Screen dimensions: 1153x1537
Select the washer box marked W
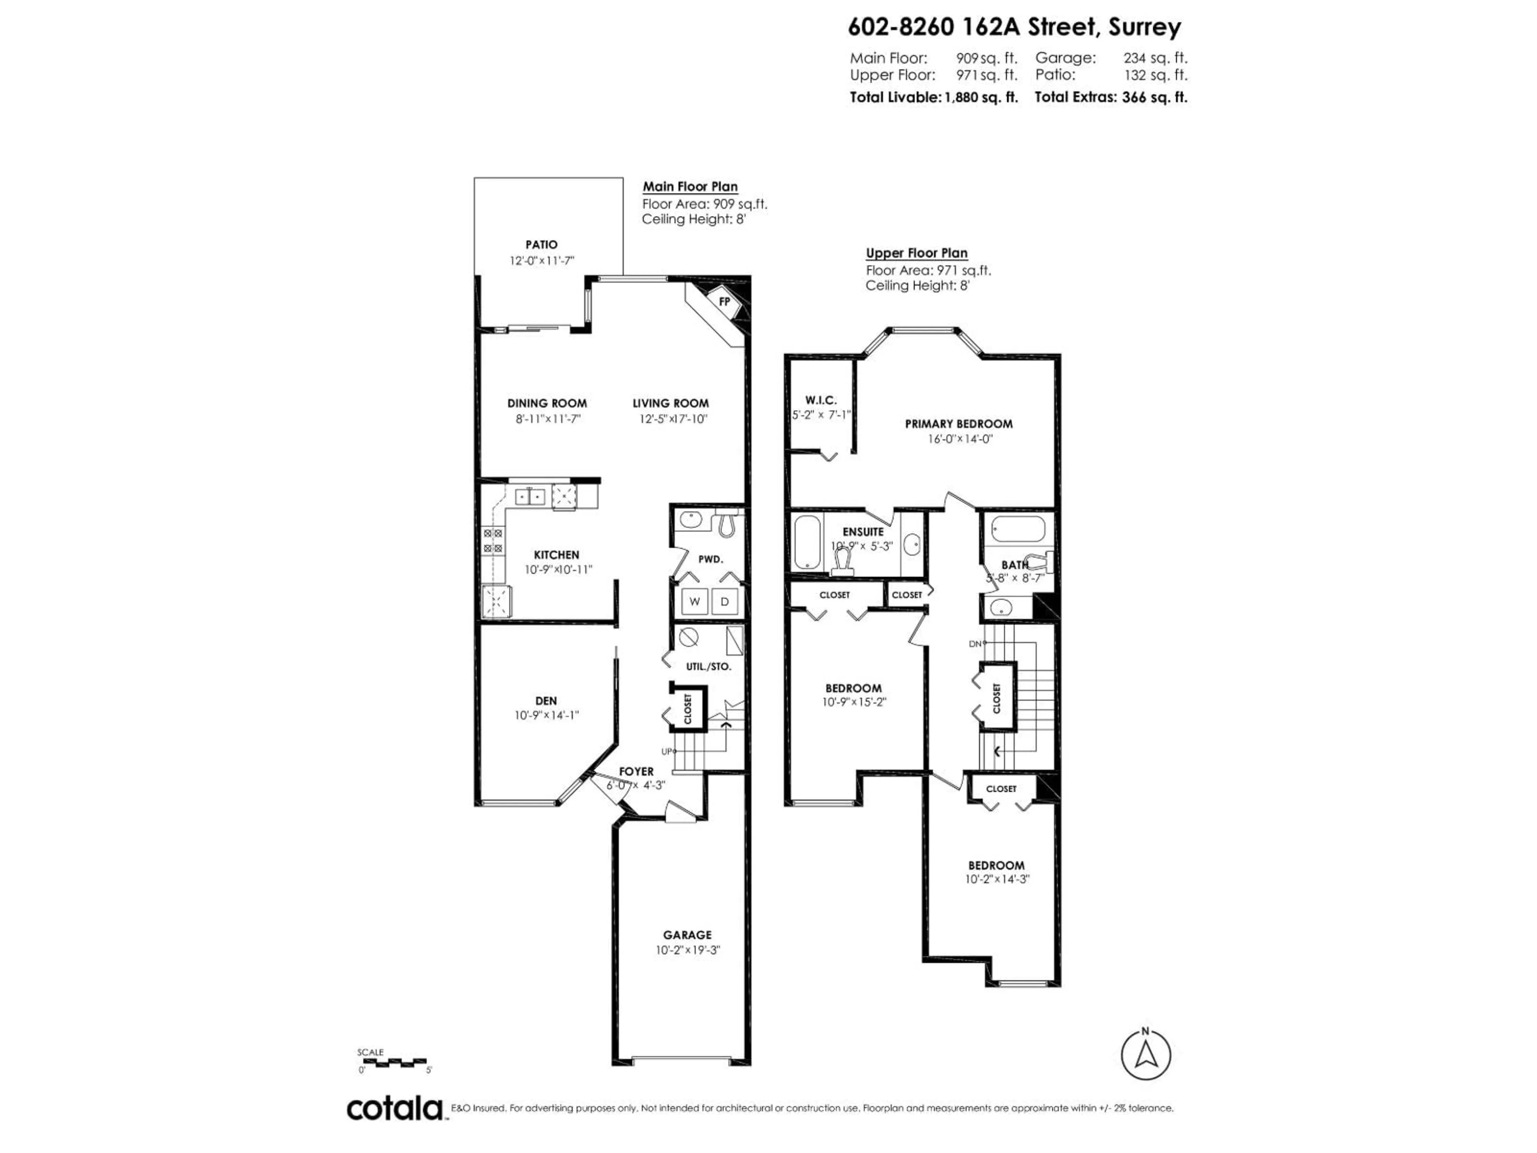tap(694, 602)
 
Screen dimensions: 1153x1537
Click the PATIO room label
tap(541, 245)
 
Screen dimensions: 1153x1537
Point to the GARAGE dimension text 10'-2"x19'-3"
tap(687, 950)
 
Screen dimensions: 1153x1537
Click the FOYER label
tap(636, 771)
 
